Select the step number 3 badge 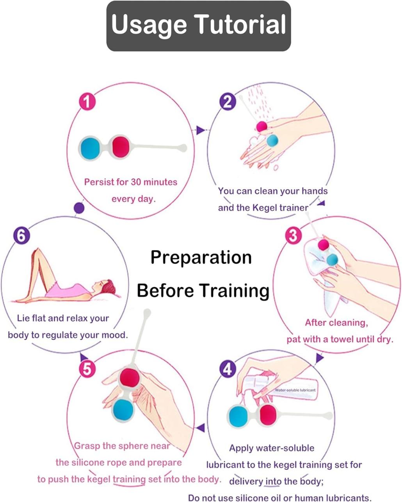tap(293, 236)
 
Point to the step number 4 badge tap(228, 369)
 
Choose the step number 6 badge tap(21, 236)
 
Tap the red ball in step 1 tap(120, 146)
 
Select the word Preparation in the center tap(201, 257)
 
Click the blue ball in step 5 tap(123, 409)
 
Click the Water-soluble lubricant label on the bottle tap(295, 390)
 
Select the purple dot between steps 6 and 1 tap(79, 208)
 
